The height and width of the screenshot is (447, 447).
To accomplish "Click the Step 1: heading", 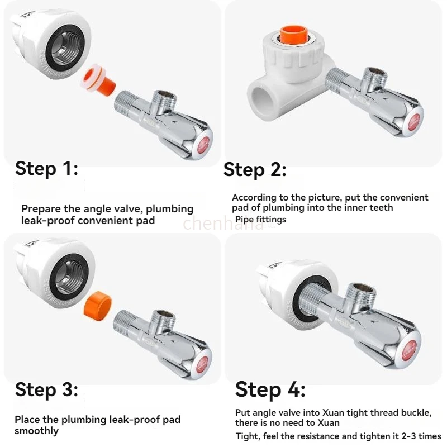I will click(x=46, y=168).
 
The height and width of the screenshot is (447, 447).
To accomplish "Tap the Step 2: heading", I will click(x=255, y=169).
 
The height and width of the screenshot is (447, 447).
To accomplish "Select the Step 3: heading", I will click(x=46, y=389).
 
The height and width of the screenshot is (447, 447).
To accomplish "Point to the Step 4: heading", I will click(x=270, y=389).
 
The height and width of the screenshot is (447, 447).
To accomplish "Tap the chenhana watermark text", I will click(x=223, y=224).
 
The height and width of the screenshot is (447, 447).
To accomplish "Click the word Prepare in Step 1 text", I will click(x=41, y=209).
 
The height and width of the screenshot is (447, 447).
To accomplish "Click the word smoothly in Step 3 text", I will click(x=36, y=431).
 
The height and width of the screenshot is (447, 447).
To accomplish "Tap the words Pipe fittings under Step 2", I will click(x=260, y=220).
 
